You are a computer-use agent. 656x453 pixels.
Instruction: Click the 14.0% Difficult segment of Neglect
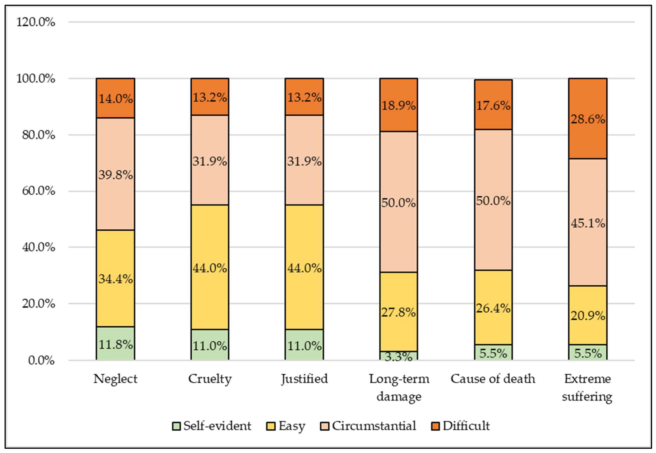[115, 98]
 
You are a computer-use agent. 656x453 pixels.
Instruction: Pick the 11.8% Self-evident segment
[115, 343]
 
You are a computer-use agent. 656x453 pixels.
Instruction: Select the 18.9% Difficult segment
[399, 105]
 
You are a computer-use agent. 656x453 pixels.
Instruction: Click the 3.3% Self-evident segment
[399, 356]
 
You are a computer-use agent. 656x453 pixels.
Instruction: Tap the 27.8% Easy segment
[399, 312]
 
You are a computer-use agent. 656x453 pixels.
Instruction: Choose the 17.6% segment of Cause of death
[493, 105]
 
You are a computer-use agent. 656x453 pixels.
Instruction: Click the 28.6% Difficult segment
[588, 119]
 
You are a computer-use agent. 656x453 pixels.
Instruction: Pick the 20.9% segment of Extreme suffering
[588, 315]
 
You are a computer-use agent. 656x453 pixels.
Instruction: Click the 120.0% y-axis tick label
[36, 22]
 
